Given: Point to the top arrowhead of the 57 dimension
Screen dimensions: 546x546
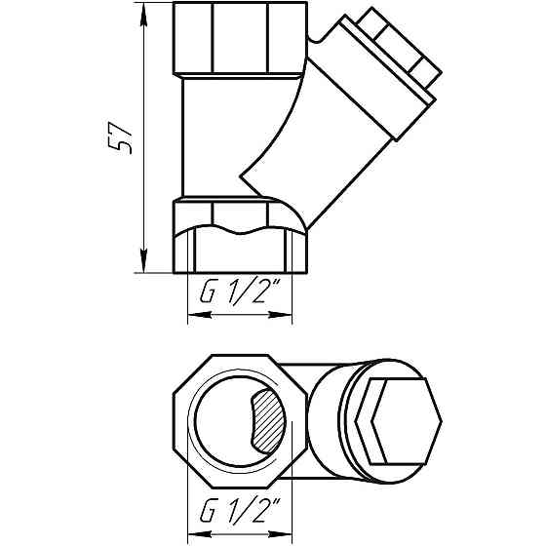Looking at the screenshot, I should pyautogui.click(x=143, y=12).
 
